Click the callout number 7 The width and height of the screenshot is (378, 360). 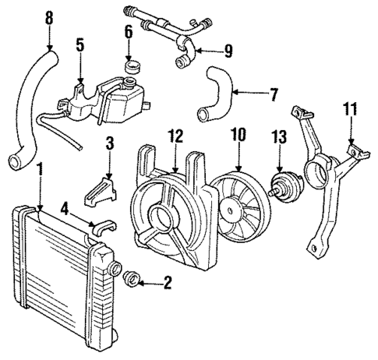[x=273, y=97]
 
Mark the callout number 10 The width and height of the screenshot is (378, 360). [x=238, y=135]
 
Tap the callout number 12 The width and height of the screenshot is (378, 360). [x=178, y=136]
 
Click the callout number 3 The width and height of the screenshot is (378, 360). [x=110, y=144]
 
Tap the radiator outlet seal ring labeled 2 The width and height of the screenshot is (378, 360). [x=132, y=278]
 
